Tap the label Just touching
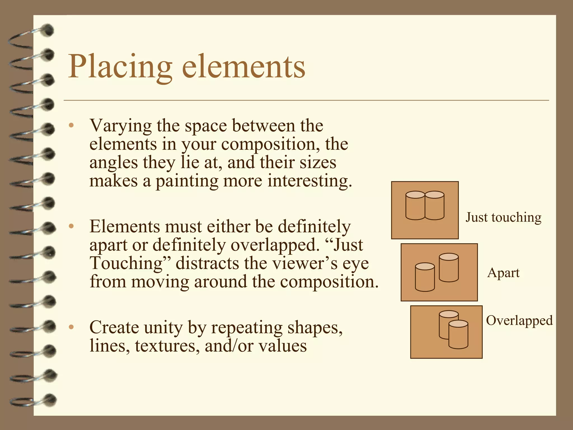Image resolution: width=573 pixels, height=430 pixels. (x=503, y=217)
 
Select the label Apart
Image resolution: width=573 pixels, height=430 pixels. (x=503, y=272)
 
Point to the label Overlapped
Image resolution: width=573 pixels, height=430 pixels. (x=519, y=320)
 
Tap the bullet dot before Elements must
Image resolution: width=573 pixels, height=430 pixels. (x=71, y=226)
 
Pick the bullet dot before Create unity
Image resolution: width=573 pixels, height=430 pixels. (x=71, y=327)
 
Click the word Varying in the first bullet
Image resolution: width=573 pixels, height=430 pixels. (x=120, y=126)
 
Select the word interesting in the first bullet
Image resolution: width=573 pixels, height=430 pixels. (x=309, y=181)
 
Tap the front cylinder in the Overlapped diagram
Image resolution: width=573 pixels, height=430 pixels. (x=458, y=335)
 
